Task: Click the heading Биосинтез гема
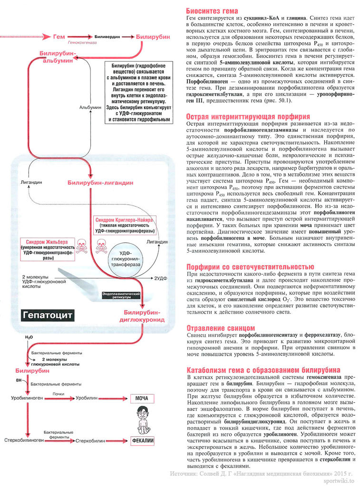tap(212, 10)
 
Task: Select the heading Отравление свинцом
tap(220, 328)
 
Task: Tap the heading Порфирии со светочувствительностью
tap(249, 266)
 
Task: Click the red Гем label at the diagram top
tap(59, 37)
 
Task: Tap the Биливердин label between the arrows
tap(107, 37)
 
